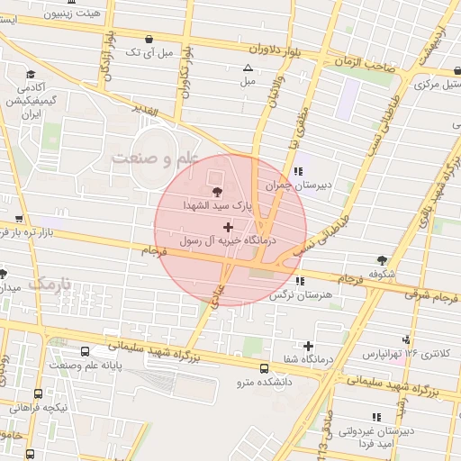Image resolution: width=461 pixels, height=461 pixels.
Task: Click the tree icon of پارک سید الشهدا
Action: [216, 191]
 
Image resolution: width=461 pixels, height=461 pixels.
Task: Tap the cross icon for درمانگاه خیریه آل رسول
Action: [226, 226]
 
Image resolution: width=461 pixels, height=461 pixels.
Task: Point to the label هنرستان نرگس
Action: [307, 294]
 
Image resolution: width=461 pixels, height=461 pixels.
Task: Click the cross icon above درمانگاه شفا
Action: [309, 346]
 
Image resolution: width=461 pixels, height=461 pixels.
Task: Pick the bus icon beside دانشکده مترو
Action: [264, 368]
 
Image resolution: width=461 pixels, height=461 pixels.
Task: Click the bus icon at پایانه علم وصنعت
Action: [86, 351]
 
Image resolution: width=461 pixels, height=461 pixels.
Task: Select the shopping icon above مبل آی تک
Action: [149, 40]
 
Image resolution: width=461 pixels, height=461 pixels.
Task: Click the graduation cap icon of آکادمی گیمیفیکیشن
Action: [31, 74]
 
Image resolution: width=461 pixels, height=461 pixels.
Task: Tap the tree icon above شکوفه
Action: [384, 260]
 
